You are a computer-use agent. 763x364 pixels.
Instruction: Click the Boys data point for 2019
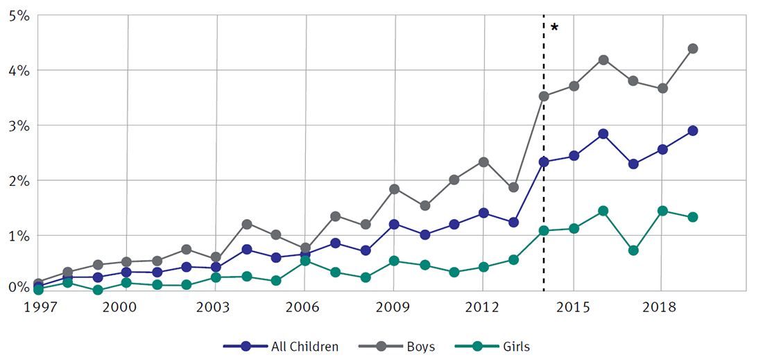point(692,49)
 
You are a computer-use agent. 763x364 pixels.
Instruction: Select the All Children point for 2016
point(603,134)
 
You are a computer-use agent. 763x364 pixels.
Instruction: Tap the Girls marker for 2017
point(633,250)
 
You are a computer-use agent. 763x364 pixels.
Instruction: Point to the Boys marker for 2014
point(544,96)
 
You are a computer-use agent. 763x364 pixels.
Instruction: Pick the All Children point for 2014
point(544,162)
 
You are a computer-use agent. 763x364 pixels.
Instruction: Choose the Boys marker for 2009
point(395,189)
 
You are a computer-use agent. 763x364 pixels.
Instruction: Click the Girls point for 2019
point(692,217)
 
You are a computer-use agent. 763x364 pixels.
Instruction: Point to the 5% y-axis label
point(19,15)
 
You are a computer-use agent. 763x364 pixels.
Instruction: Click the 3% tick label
point(19,125)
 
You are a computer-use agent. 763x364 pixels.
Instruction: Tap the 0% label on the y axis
point(19,286)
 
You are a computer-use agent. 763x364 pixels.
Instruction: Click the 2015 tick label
point(574,307)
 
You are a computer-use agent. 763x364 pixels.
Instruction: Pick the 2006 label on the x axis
point(306,307)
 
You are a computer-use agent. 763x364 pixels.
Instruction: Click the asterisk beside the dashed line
point(554,28)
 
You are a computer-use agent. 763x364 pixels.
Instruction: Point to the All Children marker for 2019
point(692,130)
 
